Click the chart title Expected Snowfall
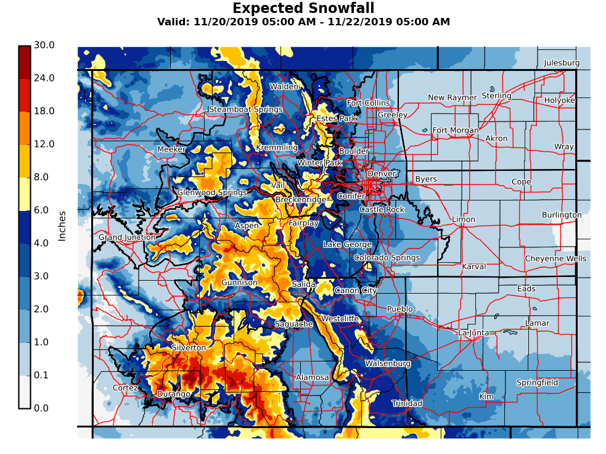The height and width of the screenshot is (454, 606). (303, 9)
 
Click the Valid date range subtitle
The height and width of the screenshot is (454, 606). (303, 22)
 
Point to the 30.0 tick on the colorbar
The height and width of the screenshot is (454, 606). (44, 45)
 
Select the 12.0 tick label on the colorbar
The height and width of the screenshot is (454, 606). (44, 144)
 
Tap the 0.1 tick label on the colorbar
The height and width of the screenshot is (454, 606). (44, 375)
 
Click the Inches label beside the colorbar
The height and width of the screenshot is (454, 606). (62, 226)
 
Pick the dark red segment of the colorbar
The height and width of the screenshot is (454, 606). (24, 62)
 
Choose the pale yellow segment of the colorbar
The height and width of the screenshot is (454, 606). (24, 194)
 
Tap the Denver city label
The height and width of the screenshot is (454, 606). (382, 174)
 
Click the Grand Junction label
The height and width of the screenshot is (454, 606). (127, 237)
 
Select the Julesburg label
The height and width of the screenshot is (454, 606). (562, 63)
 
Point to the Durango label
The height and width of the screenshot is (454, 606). (173, 394)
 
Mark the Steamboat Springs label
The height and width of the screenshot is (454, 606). (245, 110)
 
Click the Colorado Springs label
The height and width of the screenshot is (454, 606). (387, 258)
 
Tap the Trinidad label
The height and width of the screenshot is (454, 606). (407, 403)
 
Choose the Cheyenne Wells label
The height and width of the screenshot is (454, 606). (555, 258)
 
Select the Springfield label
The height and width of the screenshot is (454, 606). (537, 382)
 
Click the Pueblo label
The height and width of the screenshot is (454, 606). (399, 308)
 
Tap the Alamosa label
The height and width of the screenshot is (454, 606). (313, 377)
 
